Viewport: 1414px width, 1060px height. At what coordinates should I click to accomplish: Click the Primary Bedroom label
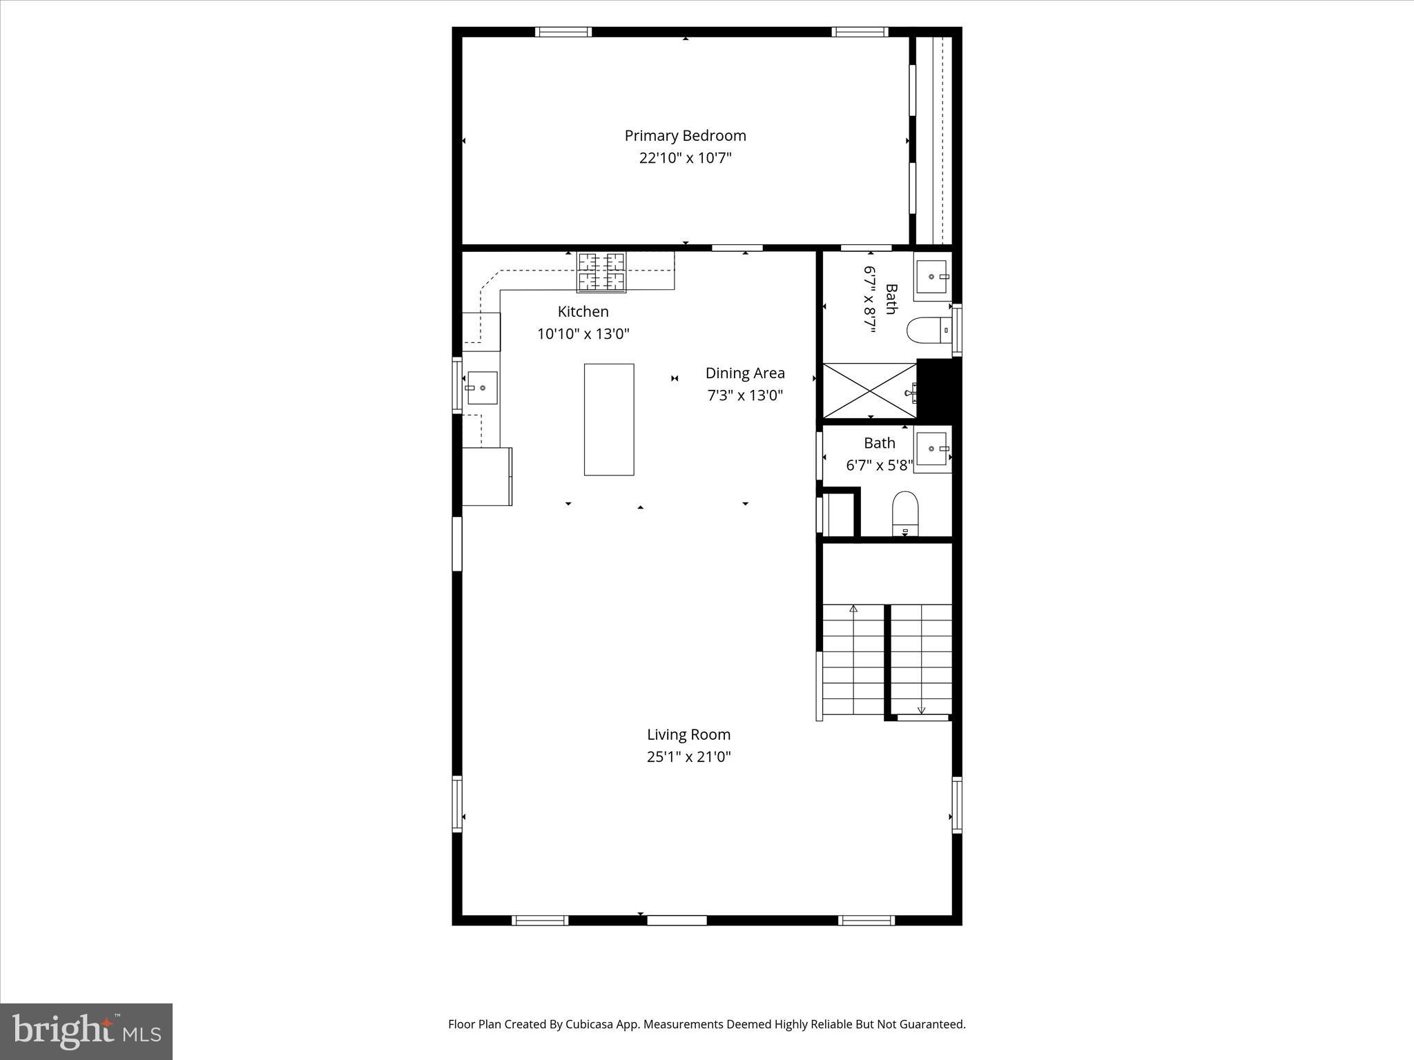tap(685, 136)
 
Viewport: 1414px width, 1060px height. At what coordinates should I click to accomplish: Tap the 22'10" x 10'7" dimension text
tap(685, 158)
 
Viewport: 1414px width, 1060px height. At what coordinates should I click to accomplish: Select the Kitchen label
tap(583, 311)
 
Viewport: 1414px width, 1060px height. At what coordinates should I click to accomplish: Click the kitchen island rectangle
tap(609, 420)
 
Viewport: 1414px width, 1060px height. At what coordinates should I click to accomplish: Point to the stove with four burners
tap(601, 272)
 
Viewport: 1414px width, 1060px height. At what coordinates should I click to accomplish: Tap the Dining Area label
tap(744, 373)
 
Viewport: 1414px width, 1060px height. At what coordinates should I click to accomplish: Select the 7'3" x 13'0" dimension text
tap(744, 395)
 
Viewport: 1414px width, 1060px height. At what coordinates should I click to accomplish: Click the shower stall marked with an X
tap(869, 391)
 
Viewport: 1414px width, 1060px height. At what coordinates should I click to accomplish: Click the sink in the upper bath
tap(933, 276)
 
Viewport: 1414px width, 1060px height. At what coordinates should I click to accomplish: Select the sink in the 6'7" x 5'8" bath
tap(933, 449)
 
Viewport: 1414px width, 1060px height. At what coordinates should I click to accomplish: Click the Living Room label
tap(688, 735)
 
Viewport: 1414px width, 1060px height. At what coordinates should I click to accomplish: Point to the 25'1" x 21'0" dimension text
tap(688, 757)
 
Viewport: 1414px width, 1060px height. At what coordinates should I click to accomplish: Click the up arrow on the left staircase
tap(853, 609)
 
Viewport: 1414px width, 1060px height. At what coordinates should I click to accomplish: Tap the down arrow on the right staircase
tap(921, 710)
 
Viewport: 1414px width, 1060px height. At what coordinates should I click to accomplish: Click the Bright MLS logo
tap(86, 1031)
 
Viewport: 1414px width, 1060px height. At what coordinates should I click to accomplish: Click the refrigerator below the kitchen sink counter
tap(487, 476)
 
